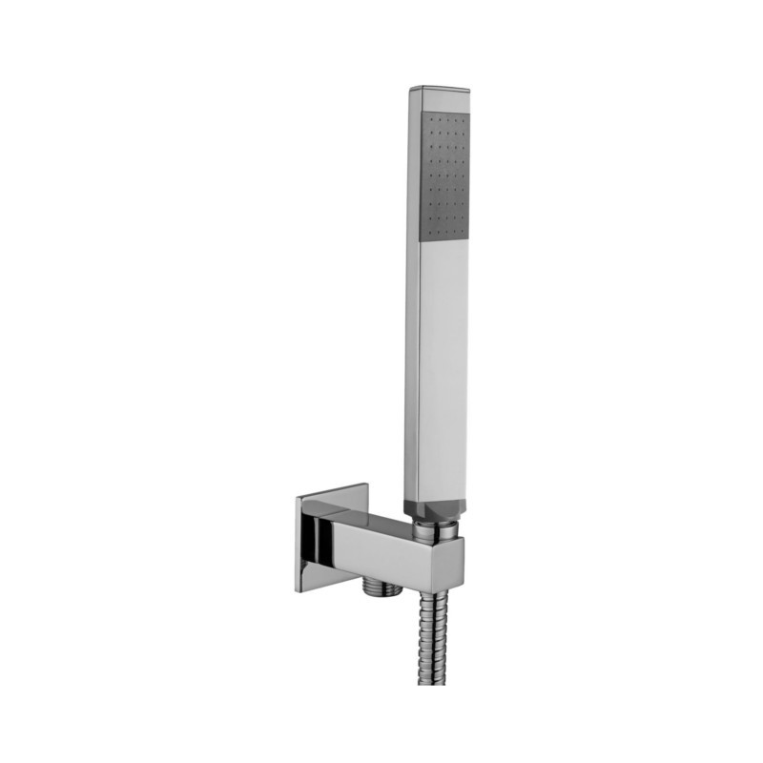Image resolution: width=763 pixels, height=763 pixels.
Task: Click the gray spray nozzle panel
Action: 444,175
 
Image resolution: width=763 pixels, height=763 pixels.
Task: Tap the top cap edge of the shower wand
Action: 440,90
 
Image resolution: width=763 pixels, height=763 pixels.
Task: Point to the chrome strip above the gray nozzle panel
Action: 444,101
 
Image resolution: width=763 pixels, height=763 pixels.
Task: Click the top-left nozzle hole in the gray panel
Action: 429,119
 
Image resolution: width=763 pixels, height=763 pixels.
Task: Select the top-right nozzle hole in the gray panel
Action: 464,121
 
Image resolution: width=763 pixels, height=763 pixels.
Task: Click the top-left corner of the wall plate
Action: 298,499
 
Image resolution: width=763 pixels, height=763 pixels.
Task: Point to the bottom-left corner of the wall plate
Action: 298,590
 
